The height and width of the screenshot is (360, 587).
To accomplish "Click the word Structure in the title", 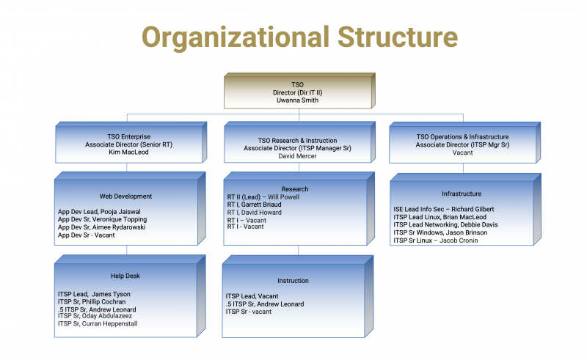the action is pyautogui.click(x=398, y=37).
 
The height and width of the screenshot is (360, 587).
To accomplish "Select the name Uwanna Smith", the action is pyautogui.click(x=298, y=100).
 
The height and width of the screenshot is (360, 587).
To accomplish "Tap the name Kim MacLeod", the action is pyautogui.click(x=129, y=152).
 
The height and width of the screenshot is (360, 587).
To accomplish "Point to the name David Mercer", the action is pyautogui.click(x=297, y=156).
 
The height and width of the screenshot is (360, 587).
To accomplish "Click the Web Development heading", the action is pyautogui.click(x=125, y=196).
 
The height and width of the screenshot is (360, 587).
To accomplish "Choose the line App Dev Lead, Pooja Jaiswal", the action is pyautogui.click(x=99, y=212).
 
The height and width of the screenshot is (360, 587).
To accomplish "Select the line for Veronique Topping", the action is pyautogui.click(x=102, y=219).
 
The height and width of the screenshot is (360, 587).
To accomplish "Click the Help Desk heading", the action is pyautogui.click(x=125, y=276).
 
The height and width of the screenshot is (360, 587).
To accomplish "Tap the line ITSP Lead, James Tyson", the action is pyautogui.click(x=94, y=294).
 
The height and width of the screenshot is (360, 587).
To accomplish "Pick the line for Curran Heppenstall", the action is pyautogui.click(x=98, y=323).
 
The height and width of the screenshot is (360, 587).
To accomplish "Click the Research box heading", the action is pyautogui.click(x=295, y=189).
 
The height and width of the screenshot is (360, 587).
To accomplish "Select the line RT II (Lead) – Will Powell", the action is pyautogui.click(x=263, y=196).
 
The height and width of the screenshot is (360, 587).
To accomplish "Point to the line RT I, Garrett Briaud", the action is pyautogui.click(x=254, y=205).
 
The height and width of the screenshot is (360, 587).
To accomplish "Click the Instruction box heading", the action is pyautogui.click(x=293, y=281).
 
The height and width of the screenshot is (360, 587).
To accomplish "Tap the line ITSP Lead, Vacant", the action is pyautogui.click(x=252, y=296).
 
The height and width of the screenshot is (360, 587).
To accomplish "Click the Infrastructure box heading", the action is pyautogui.click(x=462, y=194).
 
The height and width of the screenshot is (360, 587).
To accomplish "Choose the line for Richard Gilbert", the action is pyautogui.click(x=444, y=209).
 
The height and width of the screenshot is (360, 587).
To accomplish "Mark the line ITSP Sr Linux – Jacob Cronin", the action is pyautogui.click(x=436, y=240).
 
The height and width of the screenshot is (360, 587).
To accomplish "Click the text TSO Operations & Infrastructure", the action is pyautogui.click(x=463, y=137).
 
